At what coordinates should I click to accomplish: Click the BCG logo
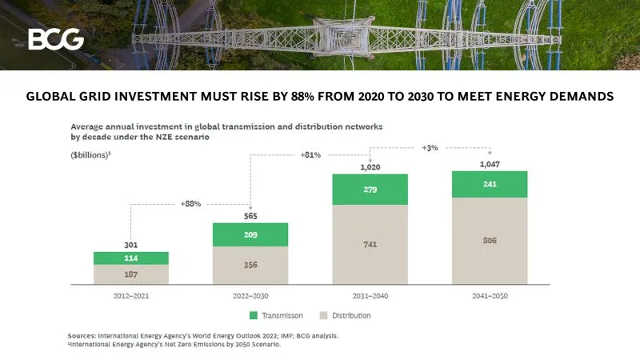pyautogui.click(x=55, y=38)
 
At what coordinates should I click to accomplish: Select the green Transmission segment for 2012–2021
pyautogui.click(x=131, y=258)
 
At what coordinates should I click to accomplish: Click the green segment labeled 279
pyautogui.click(x=370, y=190)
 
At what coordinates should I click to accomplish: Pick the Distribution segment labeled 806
pyautogui.click(x=490, y=240)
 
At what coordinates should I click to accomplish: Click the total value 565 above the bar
pyautogui.click(x=250, y=214)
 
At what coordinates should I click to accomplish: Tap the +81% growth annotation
pyautogui.click(x=311, y=154)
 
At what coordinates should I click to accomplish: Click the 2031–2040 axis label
pyautogui.click(x=370, y=295)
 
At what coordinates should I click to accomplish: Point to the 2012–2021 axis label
pyautogui.click(x=131, y=295)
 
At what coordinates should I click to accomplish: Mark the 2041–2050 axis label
pyautogui.click(x=490, y=295)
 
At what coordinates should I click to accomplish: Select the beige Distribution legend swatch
pyautogui.click(x=325, y=315)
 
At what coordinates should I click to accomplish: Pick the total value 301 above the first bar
pyautogui.click(x=131, y=244)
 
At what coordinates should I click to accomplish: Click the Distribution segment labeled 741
pyautogui.click(x=370, y=244)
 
